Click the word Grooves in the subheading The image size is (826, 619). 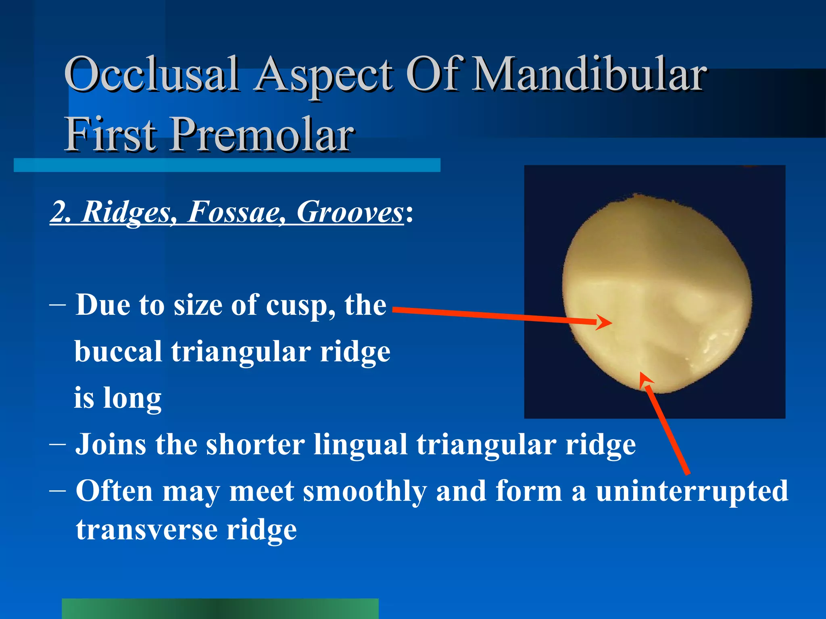[x=350, y=212]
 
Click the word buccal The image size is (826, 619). [x=118, y=352]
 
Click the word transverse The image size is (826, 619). [x=146, y=530]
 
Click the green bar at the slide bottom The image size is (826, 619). [x=220, y=608]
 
